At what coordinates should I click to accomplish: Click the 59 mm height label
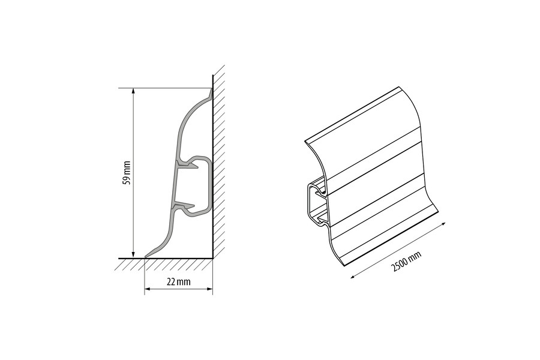click(127, 173)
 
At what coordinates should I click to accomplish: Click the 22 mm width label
click(178, 282)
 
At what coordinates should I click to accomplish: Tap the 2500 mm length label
click(406, 262)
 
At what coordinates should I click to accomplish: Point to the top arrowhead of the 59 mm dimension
click(133, 91)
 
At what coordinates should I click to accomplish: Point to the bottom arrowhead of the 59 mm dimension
click(133, 255)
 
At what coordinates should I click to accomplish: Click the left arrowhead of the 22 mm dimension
click(148, 289)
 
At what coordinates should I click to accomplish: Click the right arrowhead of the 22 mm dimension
click(209, 289)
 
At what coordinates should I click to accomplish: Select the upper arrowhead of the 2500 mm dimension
click(443, 224)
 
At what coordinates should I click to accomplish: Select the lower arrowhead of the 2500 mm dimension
click(353, 276)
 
